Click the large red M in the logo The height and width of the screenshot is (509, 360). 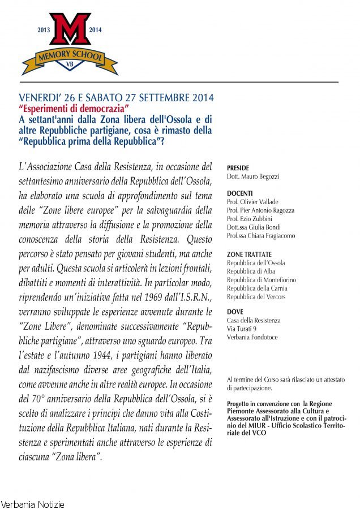pos(70,30)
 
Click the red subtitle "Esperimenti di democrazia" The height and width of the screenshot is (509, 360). pos(74,107)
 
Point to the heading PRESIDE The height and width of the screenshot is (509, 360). pos(238,168)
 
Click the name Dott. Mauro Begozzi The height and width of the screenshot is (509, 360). pos(253,176)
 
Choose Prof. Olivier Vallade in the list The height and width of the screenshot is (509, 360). pos(252,202)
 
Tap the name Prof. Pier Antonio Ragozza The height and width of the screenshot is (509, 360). pos(260,210)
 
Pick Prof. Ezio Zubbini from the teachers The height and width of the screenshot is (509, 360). pos(250,219)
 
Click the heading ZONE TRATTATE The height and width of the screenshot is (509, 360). pos(249,255)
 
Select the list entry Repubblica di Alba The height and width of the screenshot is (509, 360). pos(251,271)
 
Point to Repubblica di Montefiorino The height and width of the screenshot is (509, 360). pos(261,280)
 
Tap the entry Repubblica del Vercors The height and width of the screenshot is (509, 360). pos(256,297)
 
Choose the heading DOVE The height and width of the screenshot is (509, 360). pos(235,312)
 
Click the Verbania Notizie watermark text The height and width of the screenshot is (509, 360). pos(32,504)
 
